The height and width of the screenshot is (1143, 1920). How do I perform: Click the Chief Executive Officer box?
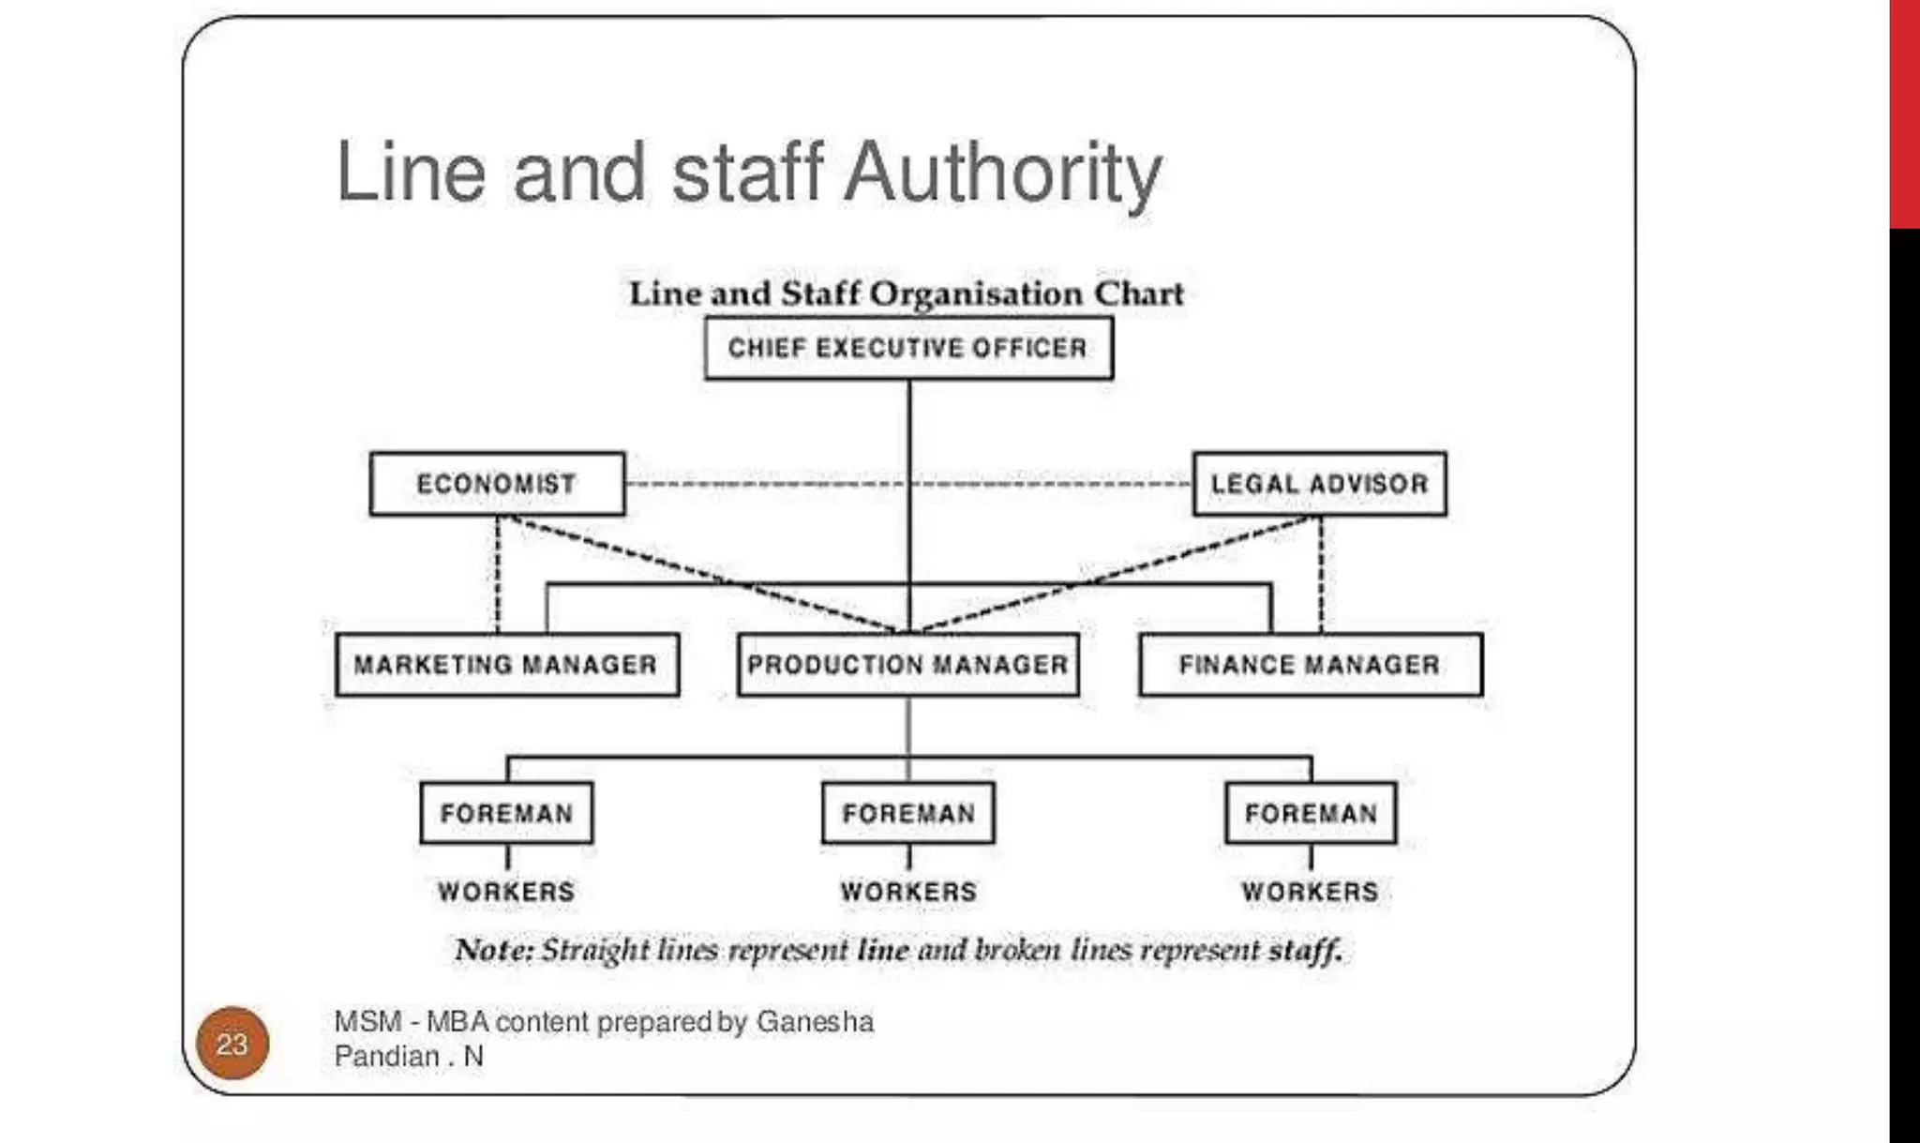tap(908, 348)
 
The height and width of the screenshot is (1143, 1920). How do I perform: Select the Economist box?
tap(497, 484)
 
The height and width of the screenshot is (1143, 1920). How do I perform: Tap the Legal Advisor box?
tap(1319, 484)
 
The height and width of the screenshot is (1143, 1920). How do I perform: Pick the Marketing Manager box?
tap(506, 665)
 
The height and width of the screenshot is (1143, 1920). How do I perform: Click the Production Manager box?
tap(907, 665)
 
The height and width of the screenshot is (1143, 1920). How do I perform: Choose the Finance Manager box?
tap(1310, 665)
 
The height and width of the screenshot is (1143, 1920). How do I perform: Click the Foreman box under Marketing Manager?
tap(506, 813)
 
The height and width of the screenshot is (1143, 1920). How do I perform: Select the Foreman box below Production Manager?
tap(908, 813)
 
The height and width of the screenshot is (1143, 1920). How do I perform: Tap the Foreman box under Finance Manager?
tap(1311, 813)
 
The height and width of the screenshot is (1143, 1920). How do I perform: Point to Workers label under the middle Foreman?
tap(908, 892)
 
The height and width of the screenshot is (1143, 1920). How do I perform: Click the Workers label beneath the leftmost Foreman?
tap(506, 892)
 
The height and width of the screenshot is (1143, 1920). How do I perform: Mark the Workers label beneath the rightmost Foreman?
tap(1311, 892)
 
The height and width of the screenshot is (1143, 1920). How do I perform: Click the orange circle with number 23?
tap(232, 1044)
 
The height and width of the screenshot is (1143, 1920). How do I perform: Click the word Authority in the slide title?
tap(1003, 173)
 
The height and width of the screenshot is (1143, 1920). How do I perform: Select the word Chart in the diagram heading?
tap(1138, 293)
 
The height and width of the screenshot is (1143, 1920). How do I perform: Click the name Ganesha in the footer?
tap(815, 1021)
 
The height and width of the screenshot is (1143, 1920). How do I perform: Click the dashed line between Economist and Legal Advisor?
tap(769, 484)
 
